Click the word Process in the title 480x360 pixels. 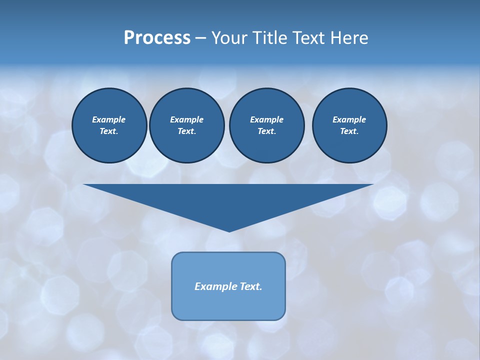157,38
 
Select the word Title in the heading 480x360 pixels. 272,38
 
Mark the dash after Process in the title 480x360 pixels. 201,38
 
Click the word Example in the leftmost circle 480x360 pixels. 109,119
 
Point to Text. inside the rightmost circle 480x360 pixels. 349,131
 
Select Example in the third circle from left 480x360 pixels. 266,119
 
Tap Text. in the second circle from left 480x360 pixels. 186,131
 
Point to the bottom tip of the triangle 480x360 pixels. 229,230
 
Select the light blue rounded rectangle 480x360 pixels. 228,305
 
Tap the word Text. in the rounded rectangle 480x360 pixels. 251,286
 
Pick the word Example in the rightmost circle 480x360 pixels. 349,119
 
